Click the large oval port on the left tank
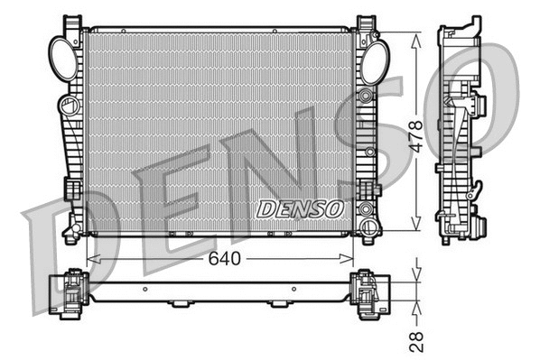point(61,58)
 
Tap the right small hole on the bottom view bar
point(294,290)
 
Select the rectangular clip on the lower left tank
point(70,189)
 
